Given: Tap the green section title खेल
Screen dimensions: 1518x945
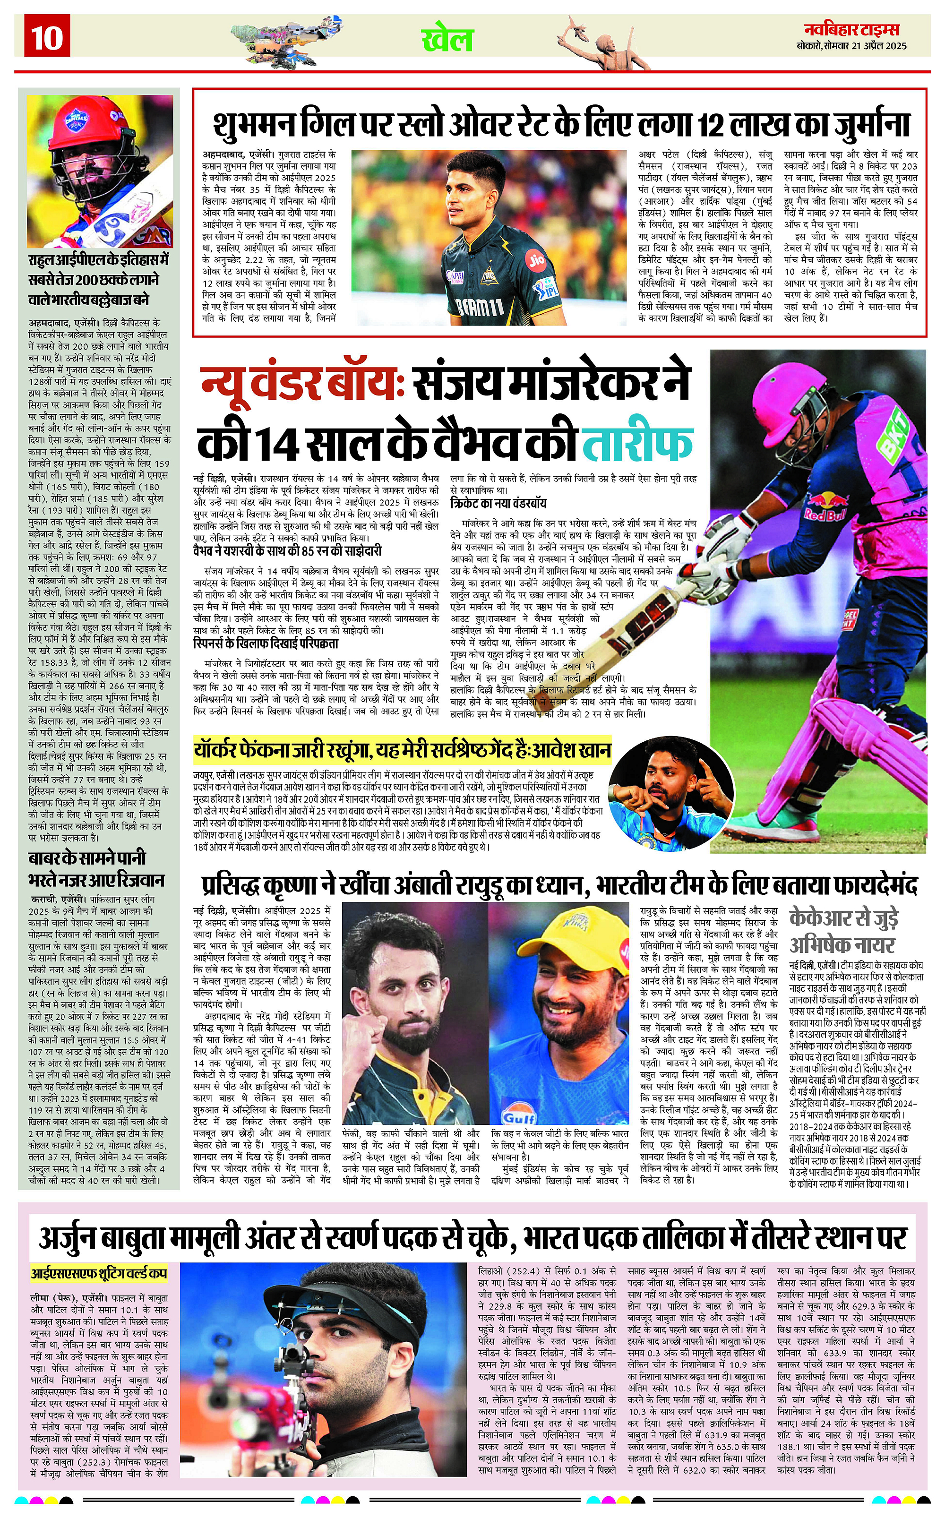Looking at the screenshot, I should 447,40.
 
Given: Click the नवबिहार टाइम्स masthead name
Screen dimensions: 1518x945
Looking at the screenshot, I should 851,29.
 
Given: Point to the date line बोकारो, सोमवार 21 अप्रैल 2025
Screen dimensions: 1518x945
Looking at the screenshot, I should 851,46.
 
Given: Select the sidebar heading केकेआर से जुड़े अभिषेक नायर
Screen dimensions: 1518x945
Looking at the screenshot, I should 844,931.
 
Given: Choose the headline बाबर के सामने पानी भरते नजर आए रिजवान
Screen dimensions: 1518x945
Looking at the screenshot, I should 97,869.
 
